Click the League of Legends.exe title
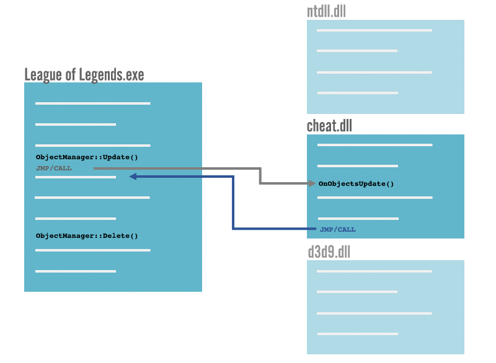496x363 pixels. tap(84, 75)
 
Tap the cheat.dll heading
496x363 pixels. tap(329, 126)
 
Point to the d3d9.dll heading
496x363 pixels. tap(329, 252)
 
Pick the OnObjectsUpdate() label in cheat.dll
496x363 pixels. tap(356, 184)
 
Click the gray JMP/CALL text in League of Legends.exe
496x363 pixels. tap(54, 168)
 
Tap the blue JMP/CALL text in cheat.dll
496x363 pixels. tap(338, 229)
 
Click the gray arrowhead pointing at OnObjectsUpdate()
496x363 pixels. tap(313, 183)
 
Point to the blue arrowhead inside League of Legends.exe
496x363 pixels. tap(133, 177)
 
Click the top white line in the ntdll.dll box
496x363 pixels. tap(374, 30)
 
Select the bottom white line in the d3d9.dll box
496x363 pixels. tap(357, 334)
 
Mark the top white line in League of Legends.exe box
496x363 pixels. tap(93, 103)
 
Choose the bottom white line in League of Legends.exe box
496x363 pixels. tap(76, 271)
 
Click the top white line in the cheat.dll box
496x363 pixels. tap(374, 145)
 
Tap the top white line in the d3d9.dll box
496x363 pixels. tap(374, 271)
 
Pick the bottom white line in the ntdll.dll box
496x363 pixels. tap(357, 93)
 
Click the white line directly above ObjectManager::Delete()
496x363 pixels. tap(76, 219)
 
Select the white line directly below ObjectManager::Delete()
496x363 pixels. tap(93, 250)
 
